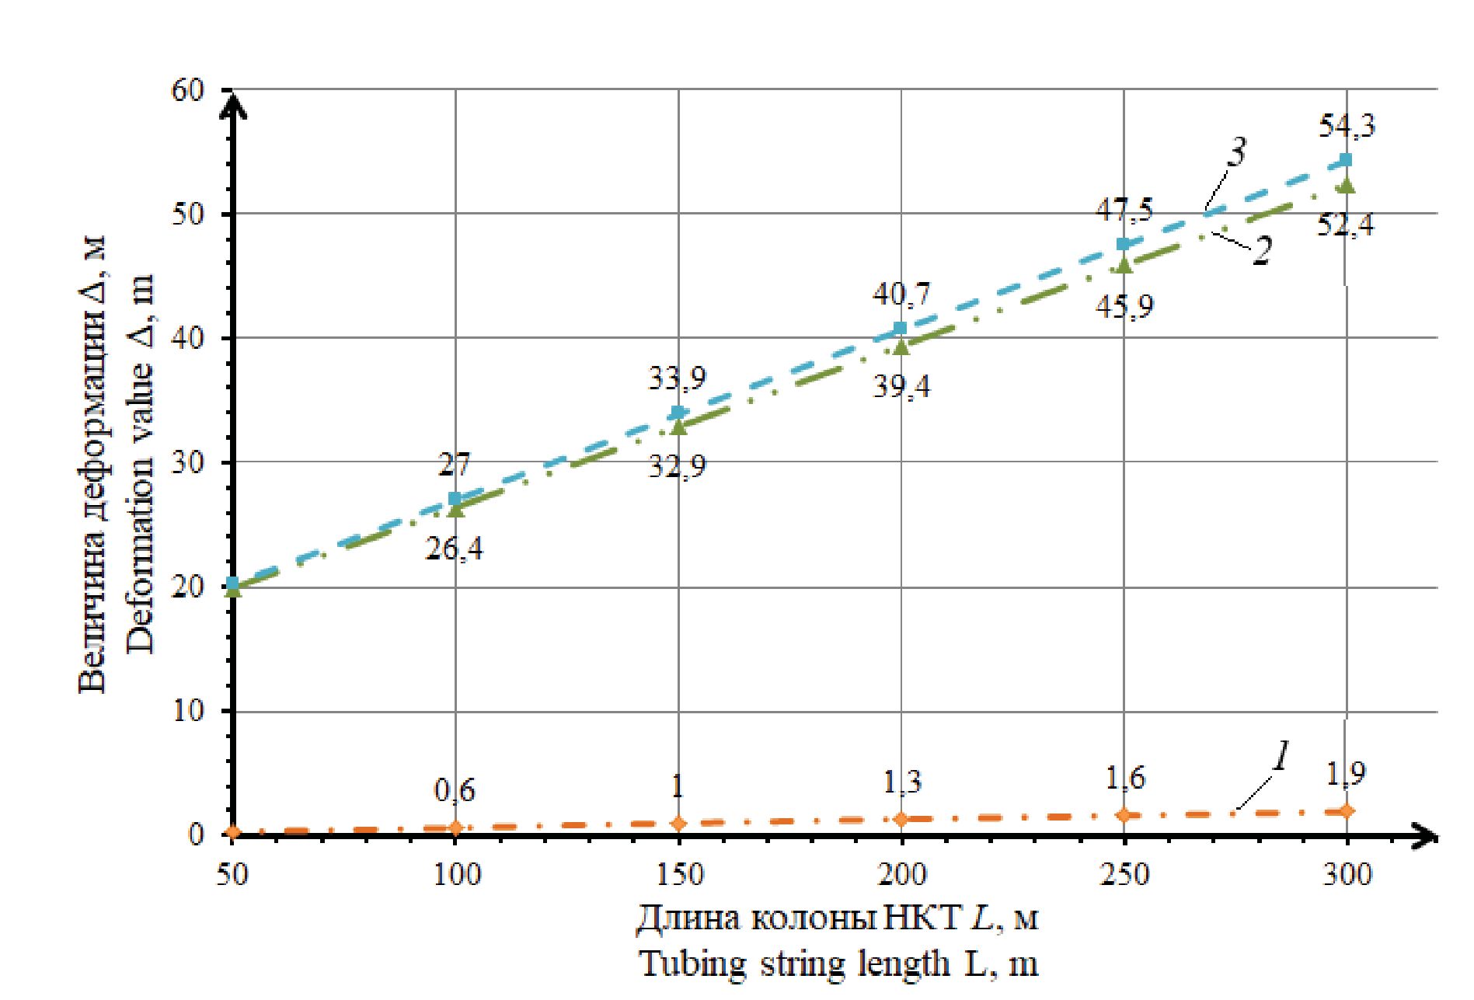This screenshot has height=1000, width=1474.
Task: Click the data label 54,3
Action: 1347,125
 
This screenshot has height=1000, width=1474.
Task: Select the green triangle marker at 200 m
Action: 901,347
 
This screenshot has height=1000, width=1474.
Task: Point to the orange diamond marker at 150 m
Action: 678,823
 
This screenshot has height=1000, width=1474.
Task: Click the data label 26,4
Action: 454,549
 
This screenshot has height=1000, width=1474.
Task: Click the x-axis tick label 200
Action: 901,876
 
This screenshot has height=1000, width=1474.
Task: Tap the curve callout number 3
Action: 1235,153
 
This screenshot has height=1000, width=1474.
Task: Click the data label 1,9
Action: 1347,774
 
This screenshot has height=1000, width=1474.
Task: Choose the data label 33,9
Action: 677,380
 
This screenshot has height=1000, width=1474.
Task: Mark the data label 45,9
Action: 1124,305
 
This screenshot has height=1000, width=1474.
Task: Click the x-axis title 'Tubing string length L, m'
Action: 838,964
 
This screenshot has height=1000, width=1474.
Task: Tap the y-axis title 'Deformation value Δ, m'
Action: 141,463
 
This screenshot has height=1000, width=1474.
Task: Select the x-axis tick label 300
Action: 1347,876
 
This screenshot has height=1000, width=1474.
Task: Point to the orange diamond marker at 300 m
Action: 1347,811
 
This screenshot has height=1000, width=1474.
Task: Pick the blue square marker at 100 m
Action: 455,498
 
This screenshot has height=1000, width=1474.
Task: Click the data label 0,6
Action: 455,791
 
